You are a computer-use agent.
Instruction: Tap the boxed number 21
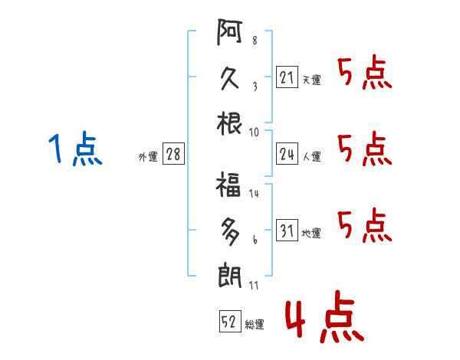(x=287, y=77)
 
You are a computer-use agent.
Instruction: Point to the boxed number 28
(x=173, y=155)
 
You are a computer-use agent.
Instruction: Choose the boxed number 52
(x=228, y=322)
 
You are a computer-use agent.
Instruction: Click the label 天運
(x=311, y=80)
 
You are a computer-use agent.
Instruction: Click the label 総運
(x=255, y=324)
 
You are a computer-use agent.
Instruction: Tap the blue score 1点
(x=75, y=150)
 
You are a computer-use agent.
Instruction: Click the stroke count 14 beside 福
(x=254, y=194)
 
